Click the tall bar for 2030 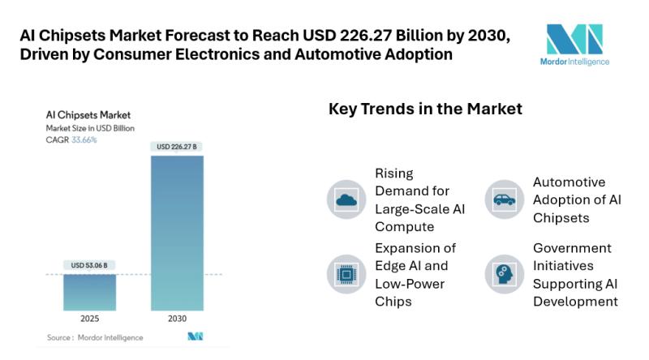(x=177, y=233)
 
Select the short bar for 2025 (x=89, y=292)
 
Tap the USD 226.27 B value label (x=177, y=147)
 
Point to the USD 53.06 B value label (x=89, y=265)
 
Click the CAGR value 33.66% (x=84, y=140)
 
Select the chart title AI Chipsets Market (x=88, y=115)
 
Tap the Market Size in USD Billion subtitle (x=90, y=128)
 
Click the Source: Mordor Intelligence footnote (x=95, y=337)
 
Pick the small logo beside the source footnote (x=195, y=336)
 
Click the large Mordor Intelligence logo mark (x=574, y=38)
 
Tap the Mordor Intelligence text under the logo (x=574, y=62)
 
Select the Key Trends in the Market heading (x=425, y=109)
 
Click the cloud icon (x=346, y=199)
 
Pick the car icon (x=505, y=199)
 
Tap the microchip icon (x=346, y=273)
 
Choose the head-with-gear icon (x=505, y=273)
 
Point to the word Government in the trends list (x=572, y=248)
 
